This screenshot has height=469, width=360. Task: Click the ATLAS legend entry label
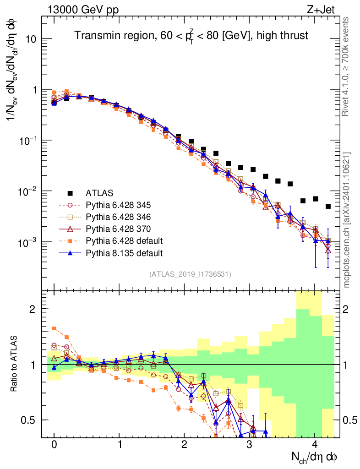[99, 193]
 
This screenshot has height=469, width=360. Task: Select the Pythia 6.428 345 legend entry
[118, 205]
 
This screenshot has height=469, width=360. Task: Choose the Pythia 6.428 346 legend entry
[118, 217]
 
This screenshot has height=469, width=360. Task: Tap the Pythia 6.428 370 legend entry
[118, 229]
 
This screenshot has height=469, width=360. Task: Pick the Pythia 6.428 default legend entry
[124, 241]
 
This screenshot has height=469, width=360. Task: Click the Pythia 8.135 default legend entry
[124, 253]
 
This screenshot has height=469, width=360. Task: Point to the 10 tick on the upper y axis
[30, 39]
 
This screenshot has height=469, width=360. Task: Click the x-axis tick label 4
[315, 444]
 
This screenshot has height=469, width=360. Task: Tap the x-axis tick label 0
[54, 444]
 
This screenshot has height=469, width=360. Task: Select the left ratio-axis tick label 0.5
[28, 420]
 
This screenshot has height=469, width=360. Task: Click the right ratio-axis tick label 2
[346, 309]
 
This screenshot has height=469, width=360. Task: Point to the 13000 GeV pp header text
[83, 10]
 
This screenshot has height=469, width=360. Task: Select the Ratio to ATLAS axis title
[14, 364]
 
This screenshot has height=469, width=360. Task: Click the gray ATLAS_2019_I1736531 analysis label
[190, 274]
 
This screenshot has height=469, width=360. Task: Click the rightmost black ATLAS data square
[328, 207]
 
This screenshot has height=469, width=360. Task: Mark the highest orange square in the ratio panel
[54, 328]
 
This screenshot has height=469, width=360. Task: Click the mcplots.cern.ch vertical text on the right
[346, 220]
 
